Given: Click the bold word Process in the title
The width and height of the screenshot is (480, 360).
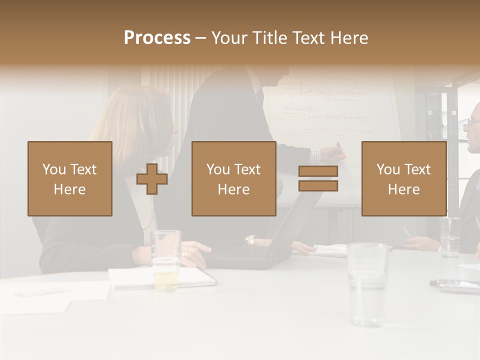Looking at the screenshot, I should (x=157, y=38).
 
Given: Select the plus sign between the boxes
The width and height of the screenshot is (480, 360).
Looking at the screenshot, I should (x=152, y=179).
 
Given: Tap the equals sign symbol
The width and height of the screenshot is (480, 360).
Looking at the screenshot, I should (x=318, y=178).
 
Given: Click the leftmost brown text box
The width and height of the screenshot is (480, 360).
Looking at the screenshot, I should (x=70, y=178).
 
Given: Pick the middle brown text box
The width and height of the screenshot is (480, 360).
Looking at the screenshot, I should (x=233, y=178).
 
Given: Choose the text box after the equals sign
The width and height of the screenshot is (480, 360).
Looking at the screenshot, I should (x=403, y=178).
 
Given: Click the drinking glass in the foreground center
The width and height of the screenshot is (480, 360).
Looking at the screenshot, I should (x=367, y=282).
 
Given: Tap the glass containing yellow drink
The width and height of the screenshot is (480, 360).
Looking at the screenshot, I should (x=165, y=260).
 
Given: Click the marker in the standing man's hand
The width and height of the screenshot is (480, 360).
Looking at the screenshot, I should (x=338, y=146).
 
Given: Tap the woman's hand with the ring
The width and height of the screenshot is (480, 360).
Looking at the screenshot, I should (x=192, y=252).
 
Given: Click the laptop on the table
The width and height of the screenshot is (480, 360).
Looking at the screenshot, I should (x=250, y=252).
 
